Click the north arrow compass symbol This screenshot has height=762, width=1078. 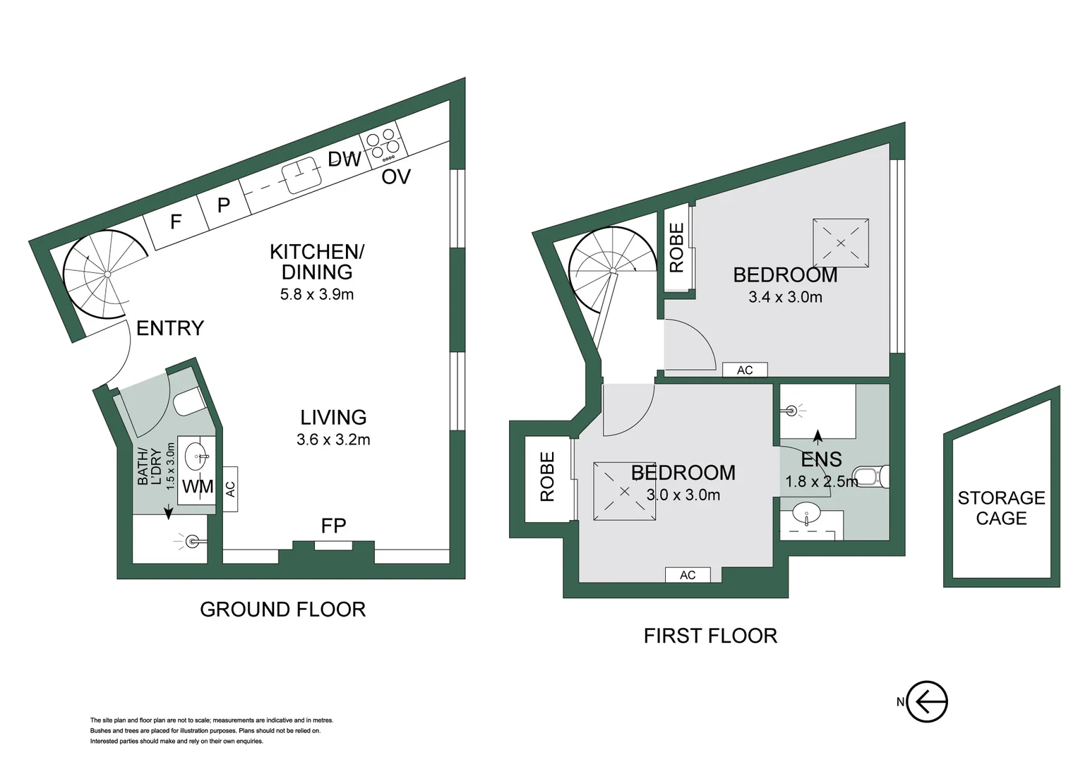926,701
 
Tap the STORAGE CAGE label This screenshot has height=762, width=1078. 1000,508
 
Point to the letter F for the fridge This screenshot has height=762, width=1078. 176,222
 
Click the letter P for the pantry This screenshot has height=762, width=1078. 223,205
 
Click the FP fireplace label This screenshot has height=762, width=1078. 333,526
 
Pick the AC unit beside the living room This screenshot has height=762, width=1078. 230,489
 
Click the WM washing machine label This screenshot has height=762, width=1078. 198,487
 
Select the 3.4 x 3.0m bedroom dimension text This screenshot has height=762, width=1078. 785,298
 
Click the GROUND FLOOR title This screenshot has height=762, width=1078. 282,610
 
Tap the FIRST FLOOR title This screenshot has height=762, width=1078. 709,636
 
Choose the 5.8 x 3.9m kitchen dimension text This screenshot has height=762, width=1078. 317,295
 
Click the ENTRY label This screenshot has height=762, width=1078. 169,328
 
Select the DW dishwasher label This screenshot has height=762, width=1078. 345,159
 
